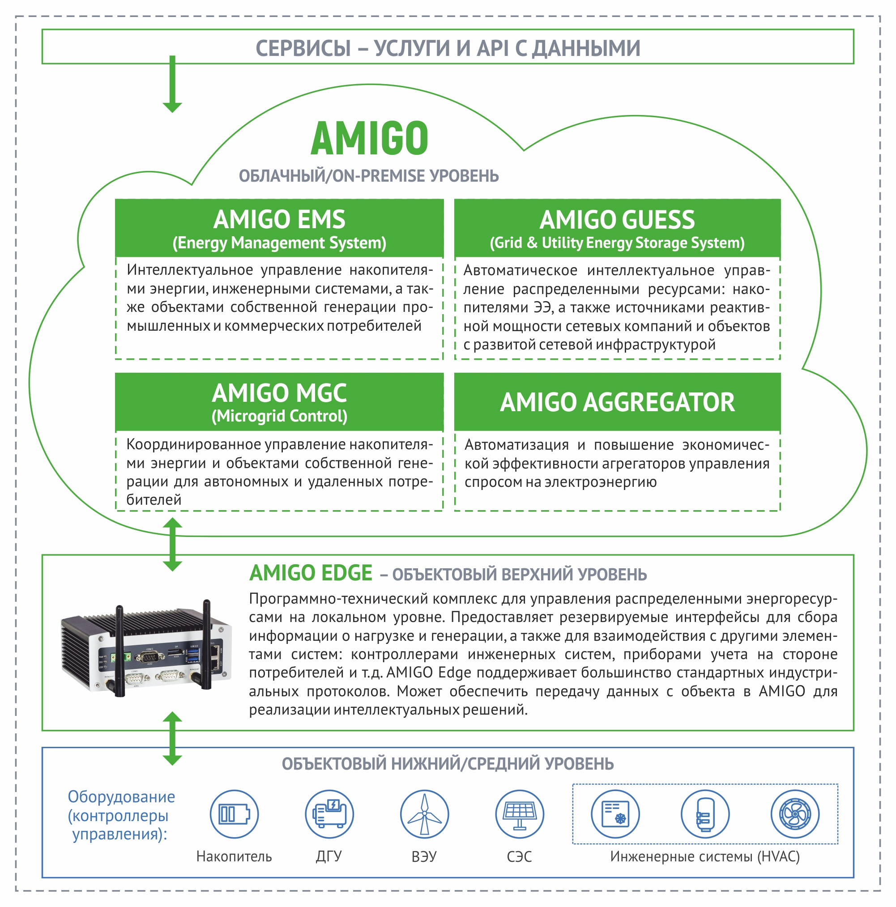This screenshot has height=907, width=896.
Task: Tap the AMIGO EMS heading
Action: click(x=279, y=219)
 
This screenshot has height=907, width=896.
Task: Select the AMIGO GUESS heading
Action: click(x=617, y=219)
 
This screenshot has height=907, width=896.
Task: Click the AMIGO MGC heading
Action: click(x=279, y=393)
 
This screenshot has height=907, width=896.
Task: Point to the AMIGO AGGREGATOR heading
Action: click(x=617, y=402)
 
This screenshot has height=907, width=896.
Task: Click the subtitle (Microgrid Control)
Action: click(x=279, y=417)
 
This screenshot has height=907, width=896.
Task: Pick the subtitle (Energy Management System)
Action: click(x=279, y=243)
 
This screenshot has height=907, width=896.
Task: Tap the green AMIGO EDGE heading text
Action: click(x=311, y=573)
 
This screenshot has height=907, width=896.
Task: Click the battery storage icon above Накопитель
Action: click(x=234, y=814)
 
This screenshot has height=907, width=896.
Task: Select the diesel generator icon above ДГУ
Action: click(x=329, y=814)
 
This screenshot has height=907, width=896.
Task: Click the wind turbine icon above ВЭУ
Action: click(x=425, y=814)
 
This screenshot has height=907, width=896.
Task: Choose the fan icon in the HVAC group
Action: click(x=795, y=814)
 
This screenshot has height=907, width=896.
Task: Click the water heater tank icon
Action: click(x=705, y=814)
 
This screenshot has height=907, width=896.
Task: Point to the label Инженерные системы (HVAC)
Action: click(x=705, y=857)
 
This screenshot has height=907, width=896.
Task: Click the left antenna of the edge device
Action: click(x=119, y=651)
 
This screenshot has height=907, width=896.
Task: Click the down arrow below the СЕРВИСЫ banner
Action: click(x=172, y=84)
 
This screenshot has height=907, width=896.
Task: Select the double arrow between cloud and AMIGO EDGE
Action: click(x=172, y=545)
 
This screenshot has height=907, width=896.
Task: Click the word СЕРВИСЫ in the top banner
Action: click(x=303, y=48)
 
